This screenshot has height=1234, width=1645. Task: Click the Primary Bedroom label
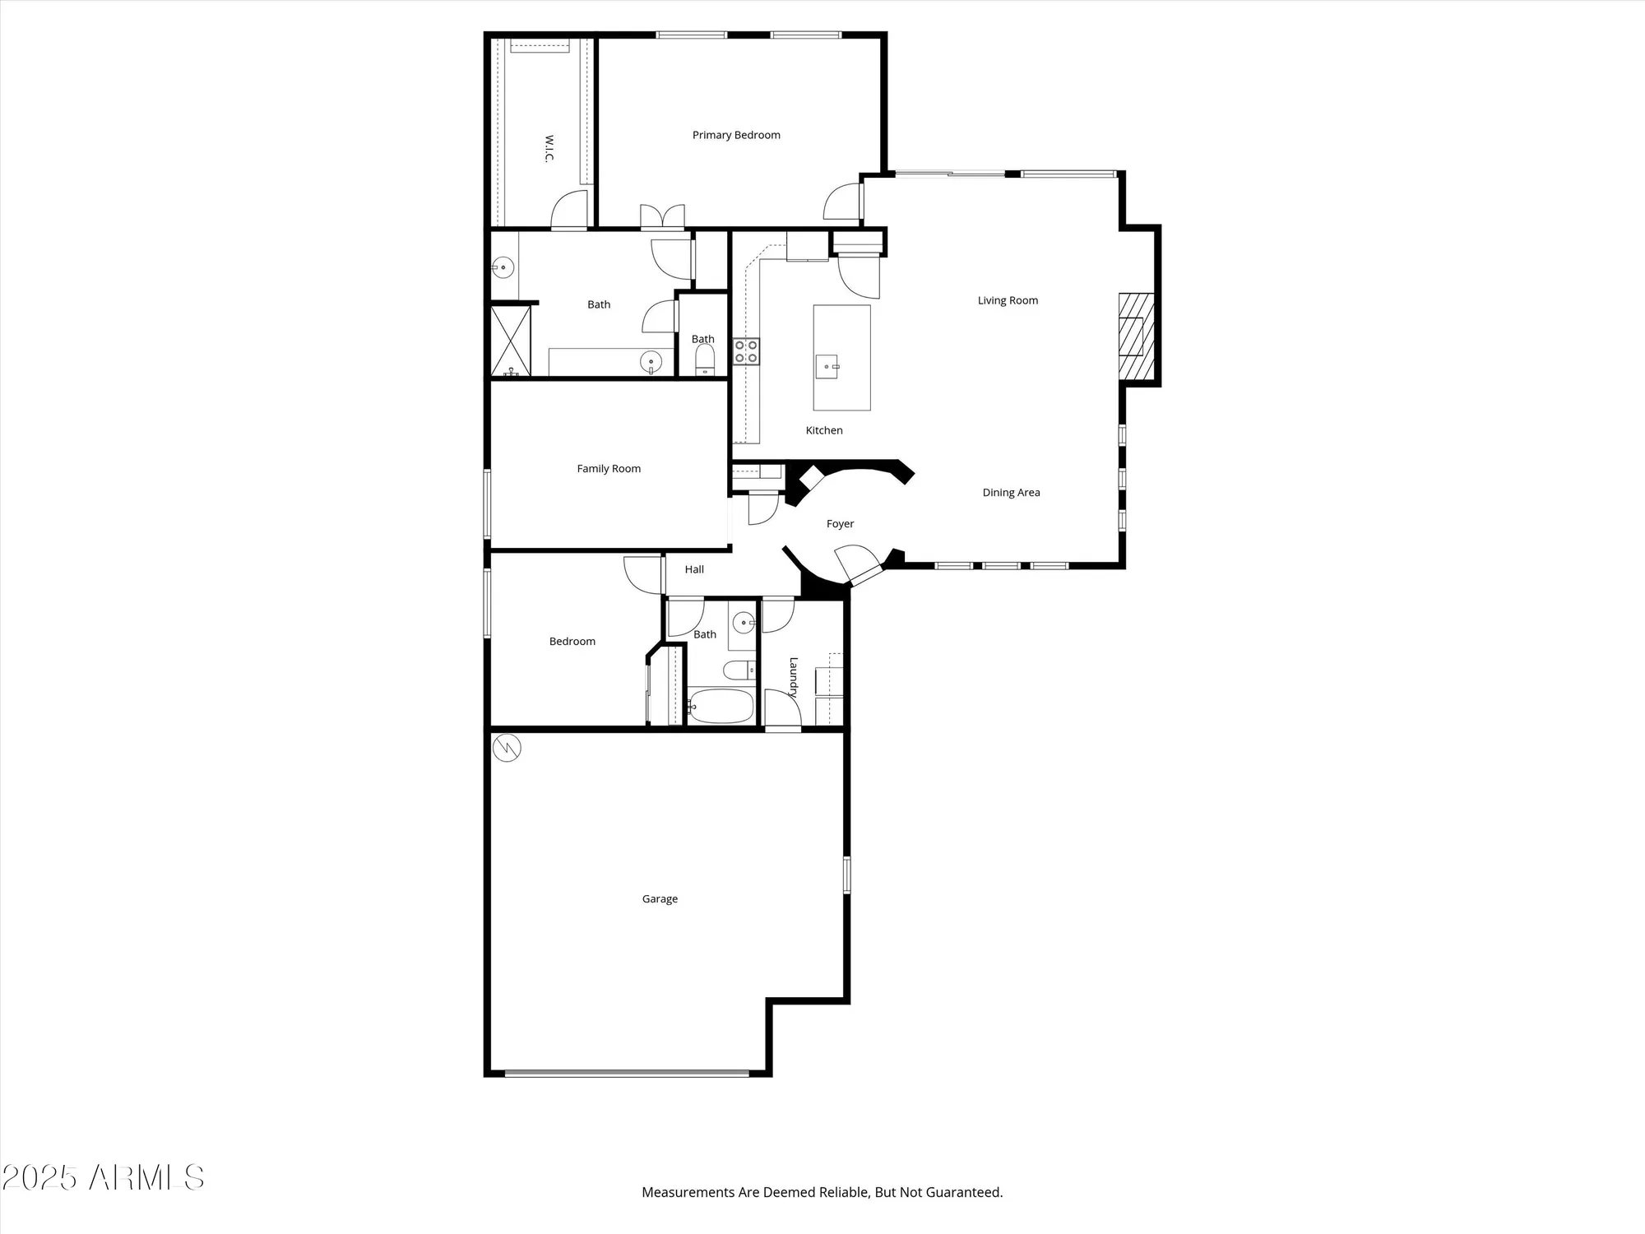coord(736,135)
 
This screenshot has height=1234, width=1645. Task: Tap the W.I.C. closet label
coord(549,149)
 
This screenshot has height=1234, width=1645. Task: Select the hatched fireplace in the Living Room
coord(1136,336)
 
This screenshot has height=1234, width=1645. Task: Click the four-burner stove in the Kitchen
coord(747,351)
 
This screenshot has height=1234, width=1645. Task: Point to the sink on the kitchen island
coord(827,367)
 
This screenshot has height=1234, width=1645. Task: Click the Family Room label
coord(609,469)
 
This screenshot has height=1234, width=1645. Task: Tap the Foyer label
coord(840,524)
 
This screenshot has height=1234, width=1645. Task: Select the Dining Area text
coord(1011,493)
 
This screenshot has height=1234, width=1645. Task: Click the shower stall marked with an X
coord(511,341)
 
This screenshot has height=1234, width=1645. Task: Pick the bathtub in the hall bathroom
coord(721,706)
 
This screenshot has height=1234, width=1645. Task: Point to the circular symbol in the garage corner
coord(507,748)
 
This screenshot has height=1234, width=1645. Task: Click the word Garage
coord(660,899)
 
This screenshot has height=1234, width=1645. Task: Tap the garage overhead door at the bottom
coord(627,1073)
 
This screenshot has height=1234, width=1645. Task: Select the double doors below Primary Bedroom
coord(663,216)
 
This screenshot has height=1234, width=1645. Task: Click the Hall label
coord(694,569)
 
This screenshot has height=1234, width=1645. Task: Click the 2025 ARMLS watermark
coord(103,1178)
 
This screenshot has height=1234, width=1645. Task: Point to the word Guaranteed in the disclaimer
coord(963,1192)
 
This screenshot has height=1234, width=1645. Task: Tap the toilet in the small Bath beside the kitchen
coord(705,360)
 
